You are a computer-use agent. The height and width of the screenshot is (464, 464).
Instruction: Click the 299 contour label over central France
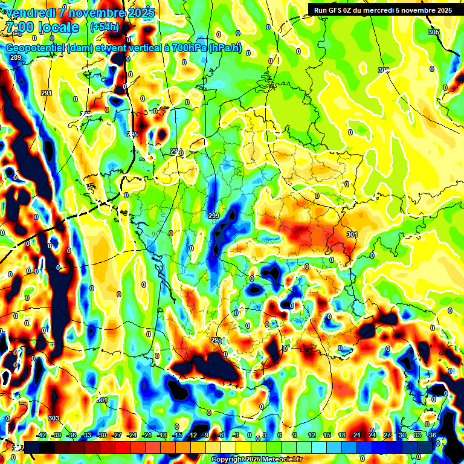pyautogui.click(x=214, y=216)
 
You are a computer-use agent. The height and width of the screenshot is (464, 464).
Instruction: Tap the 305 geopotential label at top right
pyautogui.click(x=433, y=31)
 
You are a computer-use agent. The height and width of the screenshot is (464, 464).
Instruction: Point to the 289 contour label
pyautogui.click(x=16, y=57)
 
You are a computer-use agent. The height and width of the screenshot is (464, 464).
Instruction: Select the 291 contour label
pyautogui.click(x=47, y=93)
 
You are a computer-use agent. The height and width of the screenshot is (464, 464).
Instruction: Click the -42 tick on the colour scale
pyautogui.click(x=42, y=435)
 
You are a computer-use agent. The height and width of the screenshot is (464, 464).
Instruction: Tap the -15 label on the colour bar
pyautogui.click(x=177, y=435)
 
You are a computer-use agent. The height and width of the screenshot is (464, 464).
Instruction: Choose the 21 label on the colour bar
pyautogui.click(x=357, y=435)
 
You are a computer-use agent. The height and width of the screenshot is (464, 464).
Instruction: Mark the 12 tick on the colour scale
pyautogui.click(x=312, y=435)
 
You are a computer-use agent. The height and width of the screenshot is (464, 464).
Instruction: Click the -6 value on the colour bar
pyautogui.click(x=222, y=435)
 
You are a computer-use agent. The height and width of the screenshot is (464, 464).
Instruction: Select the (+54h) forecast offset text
pyautogui.click(x=104, y=27)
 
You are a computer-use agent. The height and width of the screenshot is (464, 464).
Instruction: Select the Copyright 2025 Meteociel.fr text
pyautogui.click(x=256, y=459)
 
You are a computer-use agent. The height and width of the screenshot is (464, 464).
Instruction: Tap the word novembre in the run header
pyautogui.click(x=409, y=10)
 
